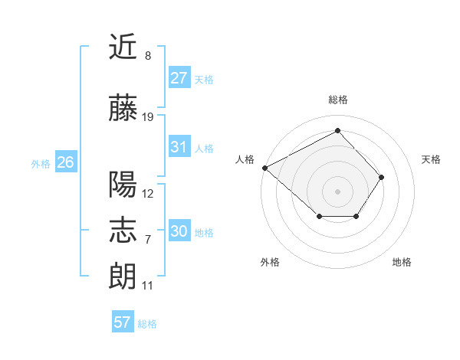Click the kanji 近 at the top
tap(123, 47)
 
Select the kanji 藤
tap(123, 108)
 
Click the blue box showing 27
tap(179, 78)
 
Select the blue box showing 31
tap(179, 147)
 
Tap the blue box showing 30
tap(179, 231)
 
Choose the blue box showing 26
tap(65, 162)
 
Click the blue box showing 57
tap(123, 322)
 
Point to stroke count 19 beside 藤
tap(148, 117)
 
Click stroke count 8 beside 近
tap(148, 56)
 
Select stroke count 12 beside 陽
tap(148, 194)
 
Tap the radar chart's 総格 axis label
tap(338, 100)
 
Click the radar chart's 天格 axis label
tap(432, 159)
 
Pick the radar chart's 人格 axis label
tap(245, 159)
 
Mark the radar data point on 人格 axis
tap(264, 168)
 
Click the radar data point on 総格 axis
tap(337, 131)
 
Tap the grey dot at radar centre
tap(337, 191)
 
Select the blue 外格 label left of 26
tap(40, 163)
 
